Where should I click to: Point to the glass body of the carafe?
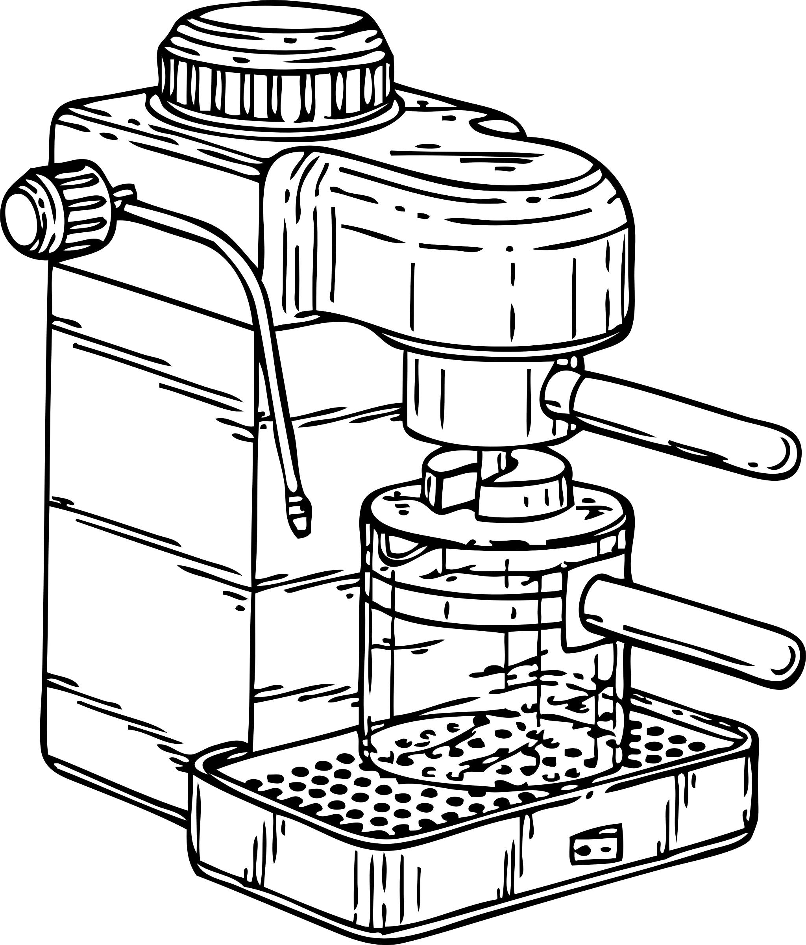[x=456, y=661]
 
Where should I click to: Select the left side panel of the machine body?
[x=150, y=502]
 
